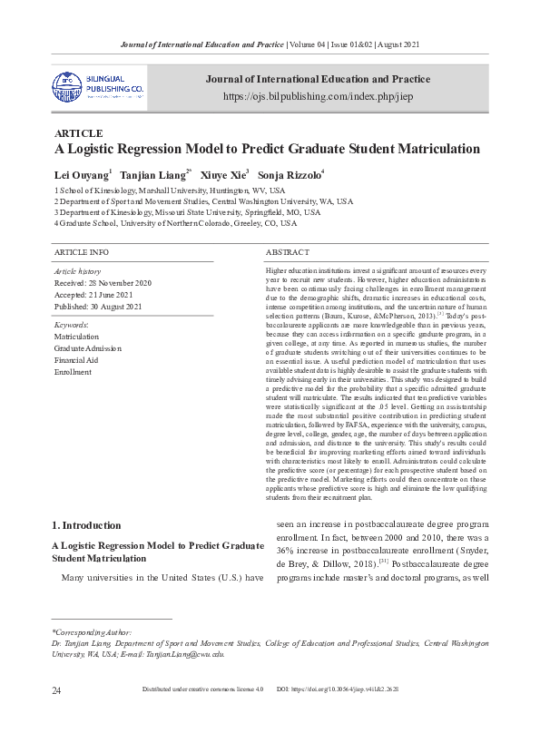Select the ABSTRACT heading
288,251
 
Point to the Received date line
103,283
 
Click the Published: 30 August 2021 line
99,307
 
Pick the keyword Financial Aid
78,360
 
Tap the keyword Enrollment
73,372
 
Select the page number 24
56,715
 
